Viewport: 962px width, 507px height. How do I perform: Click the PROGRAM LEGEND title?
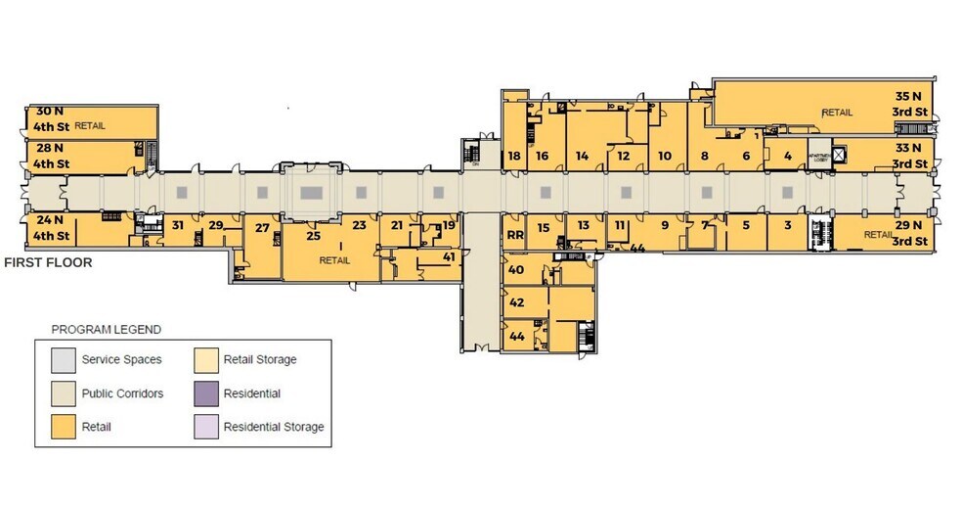click(x=107, y=330)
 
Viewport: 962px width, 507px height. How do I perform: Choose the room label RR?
click(x=515, y=234)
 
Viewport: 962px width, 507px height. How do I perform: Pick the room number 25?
click(x=314, y=235)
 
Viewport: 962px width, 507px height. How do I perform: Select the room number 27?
click(x=261, y=228)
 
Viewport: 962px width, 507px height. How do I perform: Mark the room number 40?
click(x=517, y=270)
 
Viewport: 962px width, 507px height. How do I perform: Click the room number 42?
click(x=517, y=302)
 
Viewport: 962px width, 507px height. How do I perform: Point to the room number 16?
click(x=542, y=156)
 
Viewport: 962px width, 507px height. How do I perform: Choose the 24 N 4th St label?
click(x=50, y=228)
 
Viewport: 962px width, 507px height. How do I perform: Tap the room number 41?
click(x=449, y=256)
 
